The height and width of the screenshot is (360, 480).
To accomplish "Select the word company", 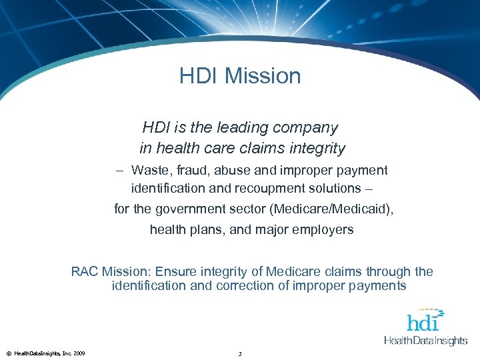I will (x=306, y=127).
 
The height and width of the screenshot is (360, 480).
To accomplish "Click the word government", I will (x=187, y=209).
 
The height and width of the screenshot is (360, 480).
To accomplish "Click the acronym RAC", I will (x=85, y=272).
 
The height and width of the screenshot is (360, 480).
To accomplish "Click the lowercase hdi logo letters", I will (x=423, y=323).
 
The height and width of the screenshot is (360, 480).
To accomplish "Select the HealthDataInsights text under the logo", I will (x=425, y=341).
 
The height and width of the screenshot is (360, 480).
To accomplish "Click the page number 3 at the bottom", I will (x=239, y=353).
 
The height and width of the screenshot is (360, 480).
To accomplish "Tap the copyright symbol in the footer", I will (x=7, y=353).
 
